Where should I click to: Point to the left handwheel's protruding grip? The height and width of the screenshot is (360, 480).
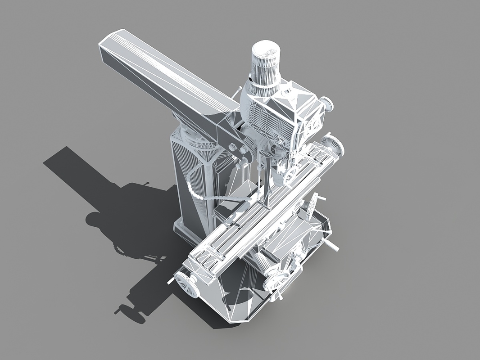[x=172, y=281]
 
